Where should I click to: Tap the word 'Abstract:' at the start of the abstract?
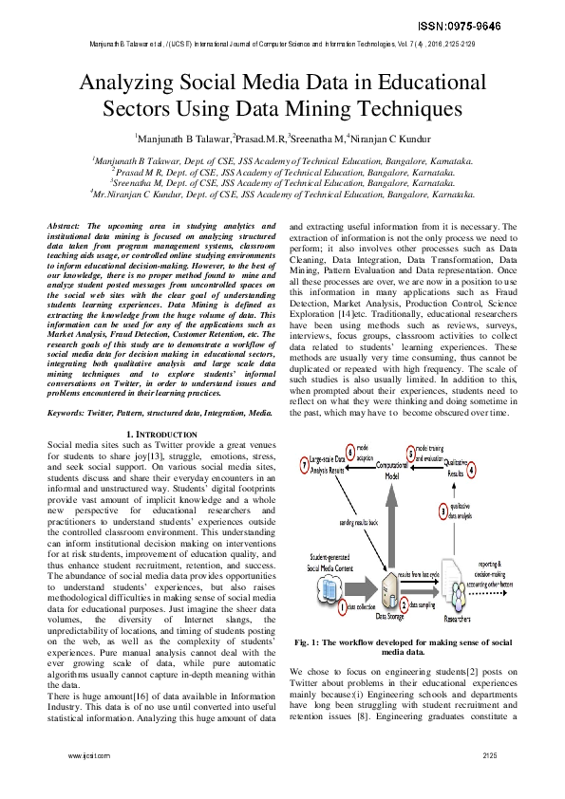tap(67, 226)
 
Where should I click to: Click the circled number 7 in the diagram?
tap(303, 466)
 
